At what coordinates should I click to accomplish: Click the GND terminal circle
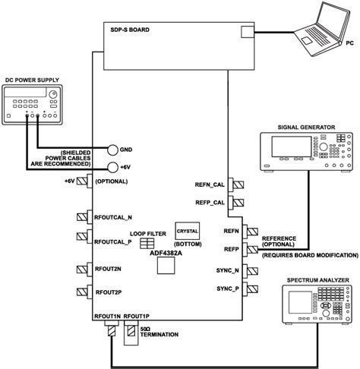click(x=113, y=150)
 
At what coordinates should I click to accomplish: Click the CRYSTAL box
click(x=186, y=228)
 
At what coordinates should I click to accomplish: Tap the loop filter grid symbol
click(x=147, y=243)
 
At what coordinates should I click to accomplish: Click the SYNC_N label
click(x=226, y=270)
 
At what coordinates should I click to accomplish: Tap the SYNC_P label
click(x=226, y=289)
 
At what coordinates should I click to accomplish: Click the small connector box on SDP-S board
click(x=248, y=31)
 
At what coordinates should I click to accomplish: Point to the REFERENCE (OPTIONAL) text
click(x=280, y=242)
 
